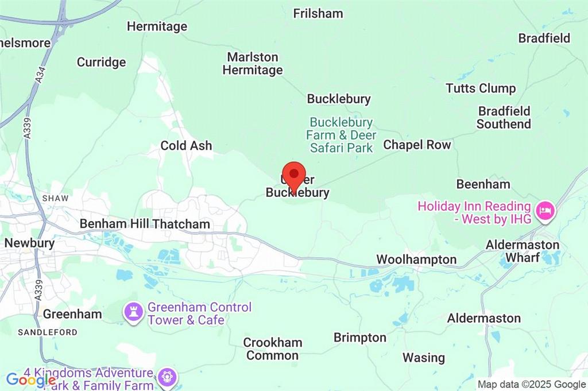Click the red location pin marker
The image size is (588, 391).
coord(295,176)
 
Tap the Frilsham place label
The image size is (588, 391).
coord(318,13)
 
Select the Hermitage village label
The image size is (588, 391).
coord(157,26)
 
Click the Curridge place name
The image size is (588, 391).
coord(101,62)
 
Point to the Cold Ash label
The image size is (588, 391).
coord(186,146)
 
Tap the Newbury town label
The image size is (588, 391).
coord(29,243)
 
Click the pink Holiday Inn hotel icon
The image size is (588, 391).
coord(544,212)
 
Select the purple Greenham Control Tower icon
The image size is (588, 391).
coord(134,313)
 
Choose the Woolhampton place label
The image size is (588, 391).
coord(416,260)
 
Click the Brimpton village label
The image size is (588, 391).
coord(360,337)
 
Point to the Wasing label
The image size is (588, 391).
coord(423,358)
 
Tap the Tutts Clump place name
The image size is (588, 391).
coord(481,88)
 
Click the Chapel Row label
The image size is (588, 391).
coord(417,145)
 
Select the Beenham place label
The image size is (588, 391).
coord(483,184)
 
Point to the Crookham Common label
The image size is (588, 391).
coord(272,349)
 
